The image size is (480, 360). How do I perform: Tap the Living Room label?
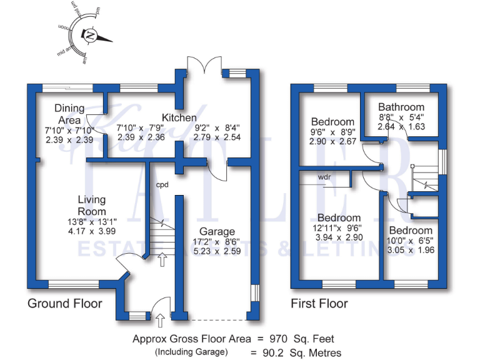point(92,204)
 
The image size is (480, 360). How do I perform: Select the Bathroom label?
point(401,107)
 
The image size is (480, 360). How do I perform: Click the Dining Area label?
point(69,114)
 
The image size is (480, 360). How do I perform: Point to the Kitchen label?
point(179,117)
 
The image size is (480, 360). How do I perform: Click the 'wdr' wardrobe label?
point(324,177)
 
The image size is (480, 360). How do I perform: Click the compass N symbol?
point(91,36)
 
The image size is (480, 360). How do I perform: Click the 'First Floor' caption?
point(319,304)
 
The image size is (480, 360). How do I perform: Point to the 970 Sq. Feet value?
point(304,339)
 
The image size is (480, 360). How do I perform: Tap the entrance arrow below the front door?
point(159,321)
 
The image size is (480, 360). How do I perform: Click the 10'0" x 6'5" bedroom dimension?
point(410,240)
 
